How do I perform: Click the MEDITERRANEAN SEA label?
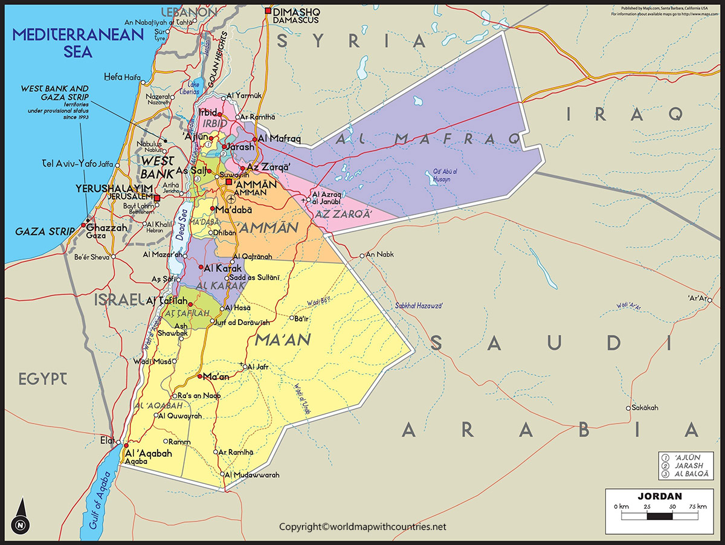[79, 42]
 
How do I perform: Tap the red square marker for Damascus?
[268, 11]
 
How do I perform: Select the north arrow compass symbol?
[21, 517]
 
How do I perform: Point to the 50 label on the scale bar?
[672, 506]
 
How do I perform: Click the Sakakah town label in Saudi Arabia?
[645, 408]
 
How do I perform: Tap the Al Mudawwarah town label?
[253, 475]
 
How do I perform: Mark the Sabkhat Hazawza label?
[419, 306]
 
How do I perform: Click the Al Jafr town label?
[257, 366]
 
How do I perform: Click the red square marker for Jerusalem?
[156, 198]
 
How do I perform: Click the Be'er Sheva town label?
[91, 257]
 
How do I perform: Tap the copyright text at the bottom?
[362, 527]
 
